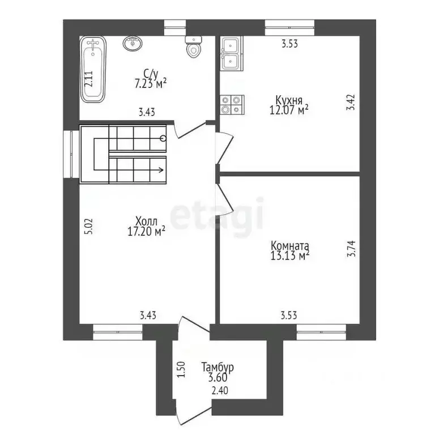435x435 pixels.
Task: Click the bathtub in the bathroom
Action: [93, 69]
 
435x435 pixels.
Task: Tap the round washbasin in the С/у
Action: [133, 44]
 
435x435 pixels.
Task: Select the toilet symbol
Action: [194, 47]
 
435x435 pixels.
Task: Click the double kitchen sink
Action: [232, 53]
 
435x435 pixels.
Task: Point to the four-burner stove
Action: [232, 105]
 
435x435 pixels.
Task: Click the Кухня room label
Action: [289, 100]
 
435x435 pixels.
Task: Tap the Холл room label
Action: [146, 221]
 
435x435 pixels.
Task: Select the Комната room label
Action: [289, 246]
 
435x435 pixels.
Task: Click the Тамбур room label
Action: [217, 367]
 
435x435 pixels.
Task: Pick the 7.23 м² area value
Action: [151, 83]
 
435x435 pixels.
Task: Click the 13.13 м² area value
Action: [289, 255]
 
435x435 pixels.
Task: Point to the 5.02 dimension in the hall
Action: [89, 227]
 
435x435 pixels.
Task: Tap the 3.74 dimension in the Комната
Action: [351, 249]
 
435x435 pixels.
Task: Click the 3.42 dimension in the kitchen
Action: [351, 103]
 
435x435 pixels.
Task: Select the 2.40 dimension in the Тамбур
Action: [220, 391]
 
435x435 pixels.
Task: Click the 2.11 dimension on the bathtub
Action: [89, 79]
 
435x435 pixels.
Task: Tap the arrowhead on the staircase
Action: [161, 170]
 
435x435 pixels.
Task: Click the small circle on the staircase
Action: [163, 138]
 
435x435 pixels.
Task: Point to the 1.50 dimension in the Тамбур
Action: [181, 369]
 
